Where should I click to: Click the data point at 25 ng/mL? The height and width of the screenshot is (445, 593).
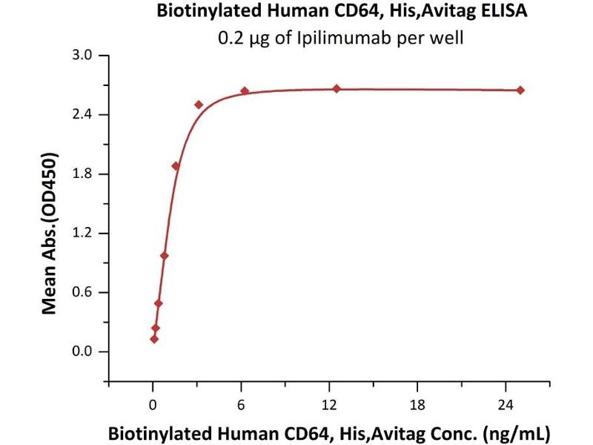point(520,90)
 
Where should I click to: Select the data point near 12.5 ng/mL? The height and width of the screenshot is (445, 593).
point(337,89)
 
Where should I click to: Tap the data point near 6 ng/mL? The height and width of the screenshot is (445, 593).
point(245,91)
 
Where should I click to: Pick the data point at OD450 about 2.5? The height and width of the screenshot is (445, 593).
point(199,105)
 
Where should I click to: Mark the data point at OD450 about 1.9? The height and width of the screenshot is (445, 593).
point(176,166)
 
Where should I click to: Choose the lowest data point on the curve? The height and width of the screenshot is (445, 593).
point(154,339)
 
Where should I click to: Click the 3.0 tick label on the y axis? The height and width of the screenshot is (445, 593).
point(87,56)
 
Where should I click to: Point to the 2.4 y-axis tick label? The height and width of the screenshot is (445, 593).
point(87,115)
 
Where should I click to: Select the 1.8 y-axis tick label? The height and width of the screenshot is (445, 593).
point(87,174)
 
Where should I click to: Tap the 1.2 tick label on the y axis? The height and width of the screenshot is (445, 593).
point(87,234)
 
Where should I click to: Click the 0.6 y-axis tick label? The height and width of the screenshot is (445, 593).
point(87,292)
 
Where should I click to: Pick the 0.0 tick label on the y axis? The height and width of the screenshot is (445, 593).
point(87,352)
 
